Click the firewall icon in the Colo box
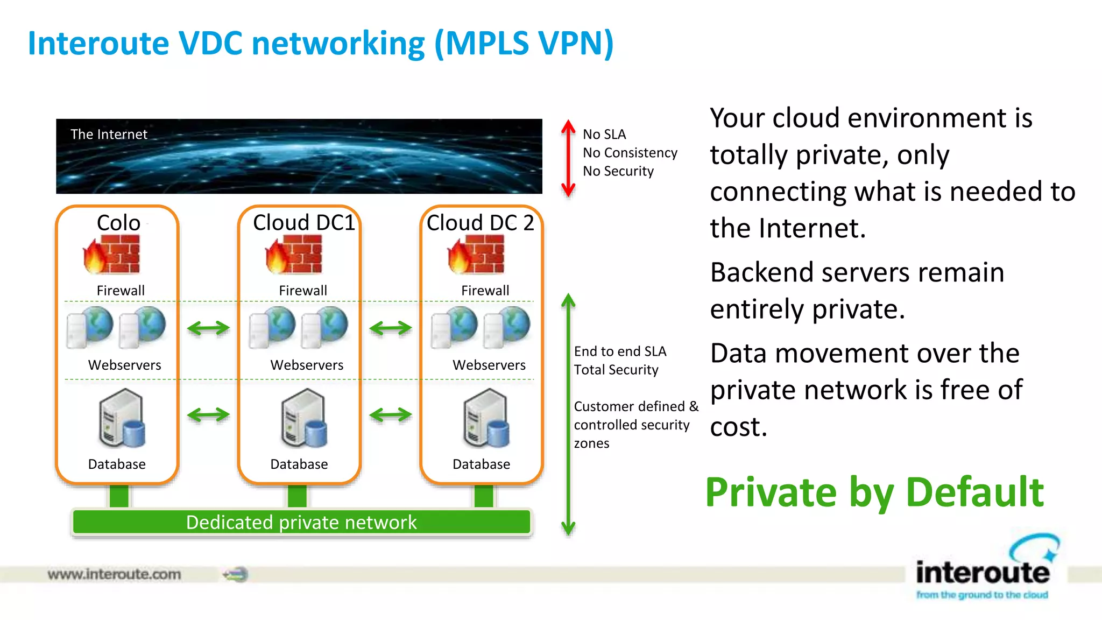pos(112,255)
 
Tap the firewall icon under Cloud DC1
pos(294,255)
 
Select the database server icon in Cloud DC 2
pos(486,419)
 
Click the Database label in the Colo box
pos(117,464)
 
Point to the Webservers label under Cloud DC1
pos(307,365)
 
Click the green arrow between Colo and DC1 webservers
pos(208,328)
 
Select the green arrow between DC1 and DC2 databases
pos(391,414)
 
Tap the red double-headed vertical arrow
pos(568,158)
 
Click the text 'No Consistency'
pos(630,153)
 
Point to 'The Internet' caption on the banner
pos(109,134)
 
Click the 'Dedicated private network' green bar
pos(301,522)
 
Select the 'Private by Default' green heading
pos(874,492)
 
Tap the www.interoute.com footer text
pos(114,574)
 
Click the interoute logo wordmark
pos(983,572)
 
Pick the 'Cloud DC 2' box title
pos(480,223)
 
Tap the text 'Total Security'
pos(616,370)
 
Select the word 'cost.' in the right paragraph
pos(738,427)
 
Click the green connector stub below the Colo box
pos(119,496)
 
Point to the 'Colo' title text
pos(118,223)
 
